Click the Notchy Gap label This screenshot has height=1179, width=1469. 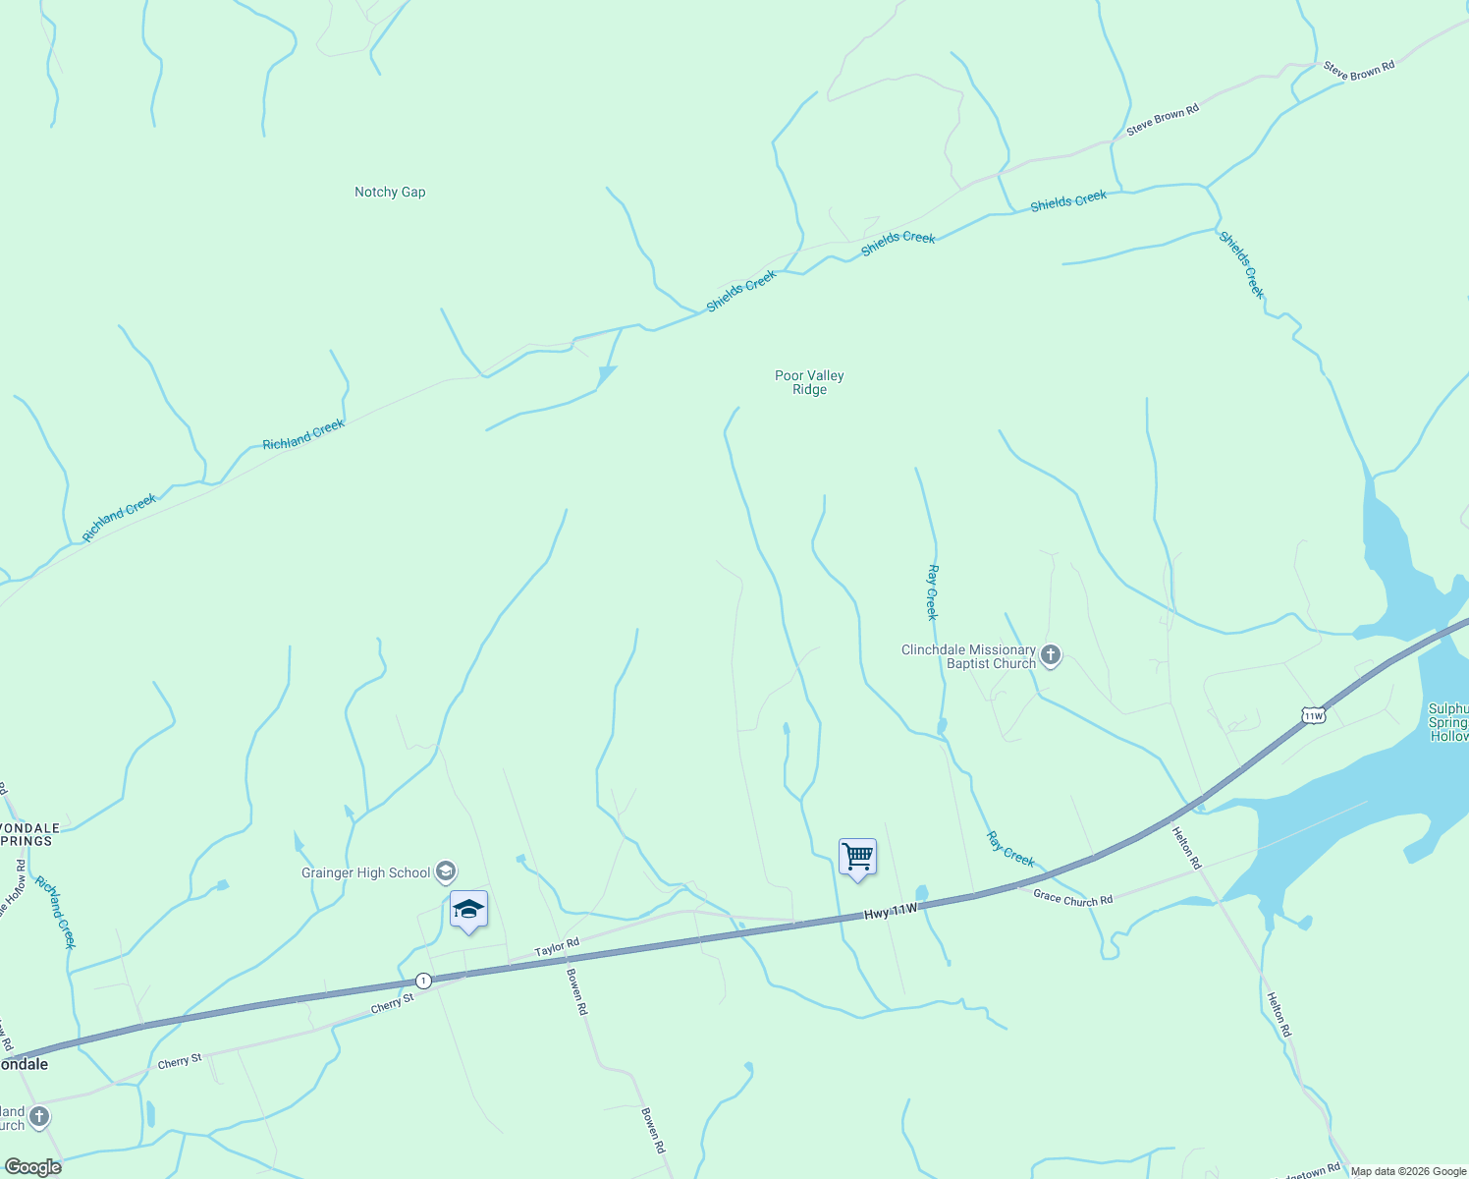[390, 193]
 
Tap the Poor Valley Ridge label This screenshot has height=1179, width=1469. [809, 382]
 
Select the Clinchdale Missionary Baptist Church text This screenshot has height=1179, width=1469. [968, 656]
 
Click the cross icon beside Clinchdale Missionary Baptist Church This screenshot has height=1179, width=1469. [1051, 655]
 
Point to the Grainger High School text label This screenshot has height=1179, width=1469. [365, 872]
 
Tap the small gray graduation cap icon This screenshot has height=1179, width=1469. [446, 871]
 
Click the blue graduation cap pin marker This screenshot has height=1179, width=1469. [468, 910]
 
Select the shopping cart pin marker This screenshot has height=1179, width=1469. [857, 858]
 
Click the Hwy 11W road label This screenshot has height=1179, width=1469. [891, 912]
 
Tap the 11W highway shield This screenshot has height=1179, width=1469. [1314, 715]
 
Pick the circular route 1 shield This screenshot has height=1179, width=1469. [423, 981]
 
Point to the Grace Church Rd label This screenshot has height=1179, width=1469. [1073, 898]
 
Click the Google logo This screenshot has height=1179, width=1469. [33, 1167]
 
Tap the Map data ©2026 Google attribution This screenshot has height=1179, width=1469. [1408, 1171]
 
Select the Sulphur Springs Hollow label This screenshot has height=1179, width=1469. [1448, 722]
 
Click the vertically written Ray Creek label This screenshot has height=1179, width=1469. [933, 591]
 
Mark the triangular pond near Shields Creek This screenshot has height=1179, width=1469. [606, 374]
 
